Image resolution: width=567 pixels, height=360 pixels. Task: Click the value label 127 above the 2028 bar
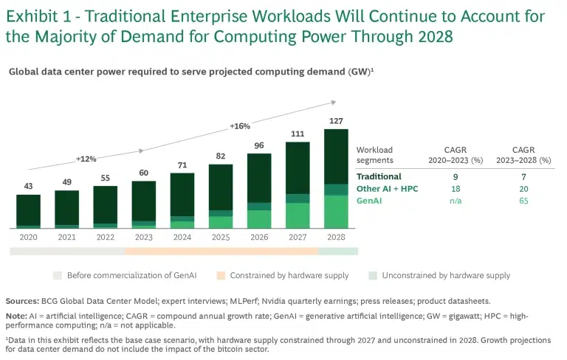[336, 122]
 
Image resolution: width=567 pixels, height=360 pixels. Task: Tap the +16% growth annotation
[240, 126]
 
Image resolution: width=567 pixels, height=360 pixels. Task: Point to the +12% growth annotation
[86, 159]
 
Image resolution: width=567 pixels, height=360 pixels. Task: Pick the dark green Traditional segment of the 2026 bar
[259, 177]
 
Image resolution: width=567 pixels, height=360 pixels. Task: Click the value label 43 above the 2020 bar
[28, 187]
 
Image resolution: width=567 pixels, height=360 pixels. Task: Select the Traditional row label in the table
[379, 177]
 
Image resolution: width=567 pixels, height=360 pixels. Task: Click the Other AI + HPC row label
[387, 189]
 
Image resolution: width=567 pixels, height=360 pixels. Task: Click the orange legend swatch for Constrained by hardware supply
[220, 275]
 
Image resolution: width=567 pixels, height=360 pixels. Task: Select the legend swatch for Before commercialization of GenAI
[57, 275]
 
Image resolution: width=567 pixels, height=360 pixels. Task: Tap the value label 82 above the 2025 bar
[221, 156]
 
